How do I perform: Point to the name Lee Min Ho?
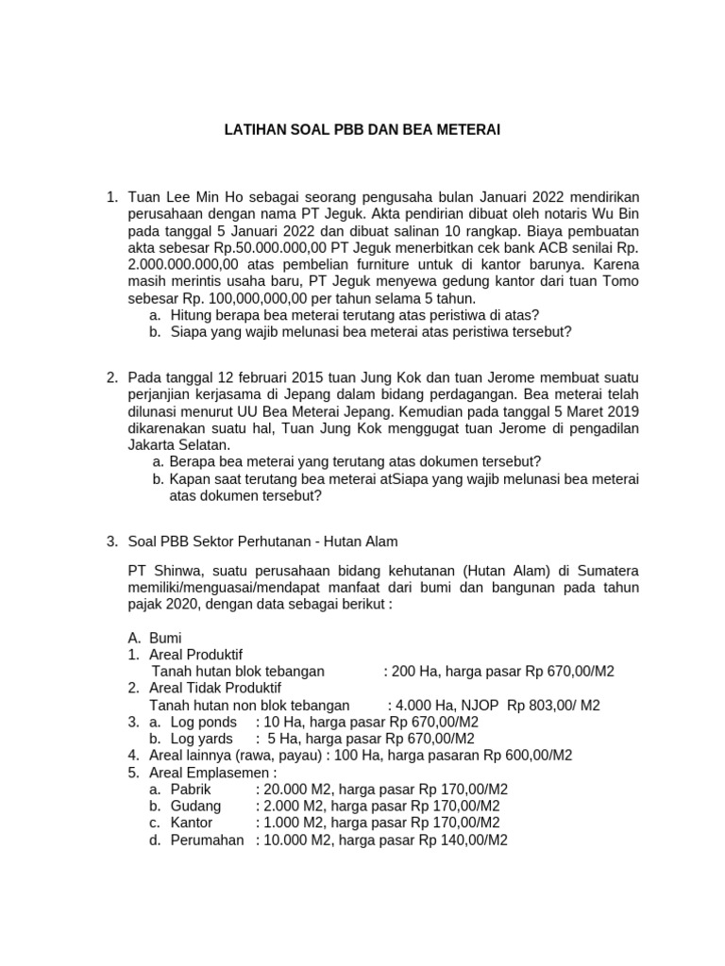click(x=200, y=196)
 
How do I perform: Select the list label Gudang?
click(x=195, y=806)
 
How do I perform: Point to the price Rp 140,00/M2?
click(x=463, y=840)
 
